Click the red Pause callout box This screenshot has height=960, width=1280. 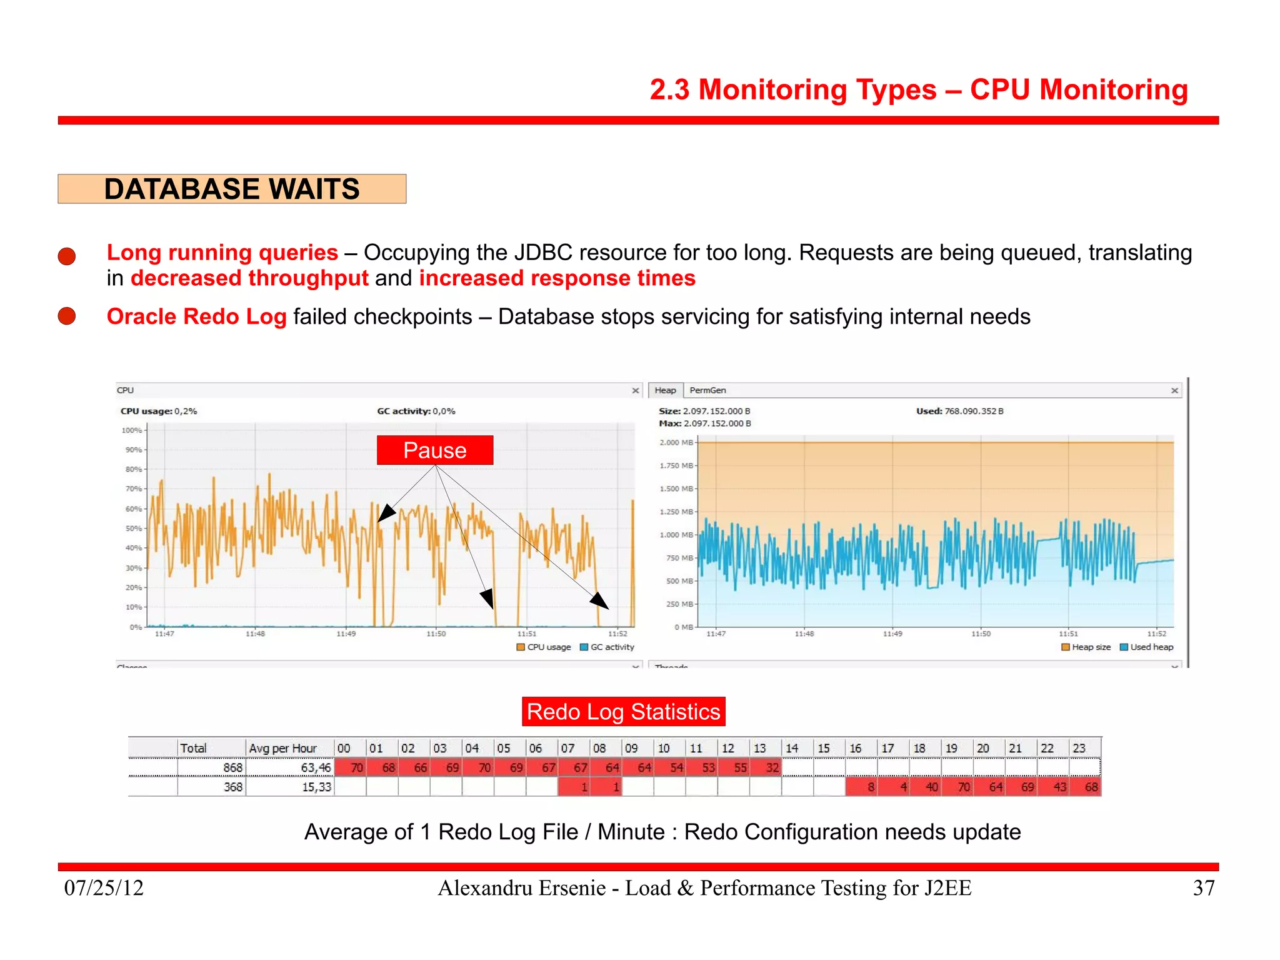[434, 450]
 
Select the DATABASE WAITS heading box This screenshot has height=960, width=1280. [232, 189]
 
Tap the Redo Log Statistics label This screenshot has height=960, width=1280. [623, 712]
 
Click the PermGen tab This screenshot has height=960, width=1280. [707, 390]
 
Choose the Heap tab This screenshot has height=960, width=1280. [665, 390]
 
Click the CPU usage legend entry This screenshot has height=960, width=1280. [544, 647]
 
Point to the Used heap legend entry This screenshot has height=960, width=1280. [1147, 647]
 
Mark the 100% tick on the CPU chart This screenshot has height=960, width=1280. [132, 430]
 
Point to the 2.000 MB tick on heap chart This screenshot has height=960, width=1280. [676, 443]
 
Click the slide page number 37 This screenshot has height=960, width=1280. [1204, 888]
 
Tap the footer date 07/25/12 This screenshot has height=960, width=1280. [104, 888]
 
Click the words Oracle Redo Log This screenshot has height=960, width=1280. [196, 316]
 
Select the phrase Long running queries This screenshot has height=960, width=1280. [222, 253]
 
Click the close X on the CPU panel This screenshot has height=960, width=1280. [636, 390]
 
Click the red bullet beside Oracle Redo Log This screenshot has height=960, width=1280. [67, 316]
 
